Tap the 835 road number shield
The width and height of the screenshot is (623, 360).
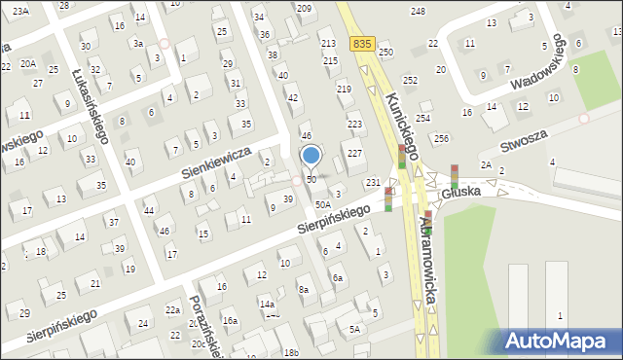[363, 44]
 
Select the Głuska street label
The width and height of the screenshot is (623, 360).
[460, 193]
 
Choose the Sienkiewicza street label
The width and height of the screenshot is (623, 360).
[215, 163]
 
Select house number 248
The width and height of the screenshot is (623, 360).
[418, 11]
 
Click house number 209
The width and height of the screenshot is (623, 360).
[304, 8]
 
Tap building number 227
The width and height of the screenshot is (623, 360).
[355, 154]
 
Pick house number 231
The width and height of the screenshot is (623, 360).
[372, 183]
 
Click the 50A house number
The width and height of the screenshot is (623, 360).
[322, 205]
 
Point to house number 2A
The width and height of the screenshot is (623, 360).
[485, 165]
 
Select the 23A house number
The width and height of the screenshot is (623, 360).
[20, 10]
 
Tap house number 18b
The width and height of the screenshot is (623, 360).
[291, 351]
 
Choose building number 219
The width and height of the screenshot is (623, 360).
[344, 89]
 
